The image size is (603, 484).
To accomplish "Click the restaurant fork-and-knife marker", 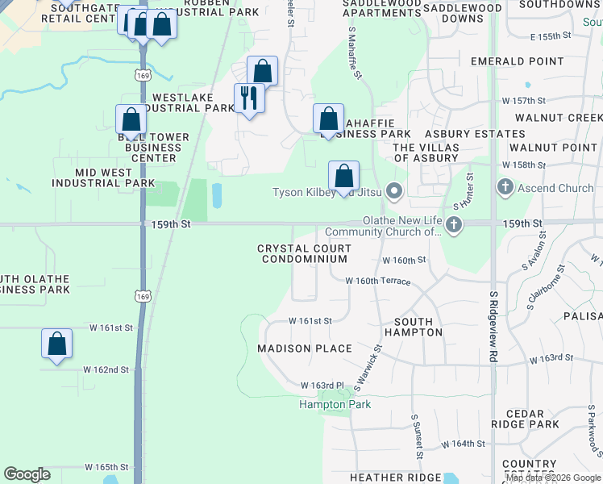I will tap(248, 98).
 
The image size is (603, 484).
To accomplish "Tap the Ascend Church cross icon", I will tap(505, 188).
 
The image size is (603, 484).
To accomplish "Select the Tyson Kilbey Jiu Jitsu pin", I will tap(394, 191).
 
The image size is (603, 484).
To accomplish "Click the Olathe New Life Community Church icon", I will tap(454, 223).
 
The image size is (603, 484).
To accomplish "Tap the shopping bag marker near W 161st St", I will tap(57, 343).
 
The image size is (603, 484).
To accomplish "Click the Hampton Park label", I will tap(335, 404).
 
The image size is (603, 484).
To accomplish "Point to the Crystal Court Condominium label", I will tap(305, 254).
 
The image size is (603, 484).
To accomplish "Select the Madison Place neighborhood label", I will tap(305, 348).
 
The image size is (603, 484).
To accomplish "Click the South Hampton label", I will tap(409, 327).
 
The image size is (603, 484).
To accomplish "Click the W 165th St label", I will tap(106, 467).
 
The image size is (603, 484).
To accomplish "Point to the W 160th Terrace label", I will tap(378, 282).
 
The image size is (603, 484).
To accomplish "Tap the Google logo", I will tap(27, 474).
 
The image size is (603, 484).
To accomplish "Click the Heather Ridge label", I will tap(396, 478).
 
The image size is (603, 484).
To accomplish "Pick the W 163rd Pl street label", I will tap(322, 386).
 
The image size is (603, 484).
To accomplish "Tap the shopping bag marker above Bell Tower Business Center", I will tap(131, 119).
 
